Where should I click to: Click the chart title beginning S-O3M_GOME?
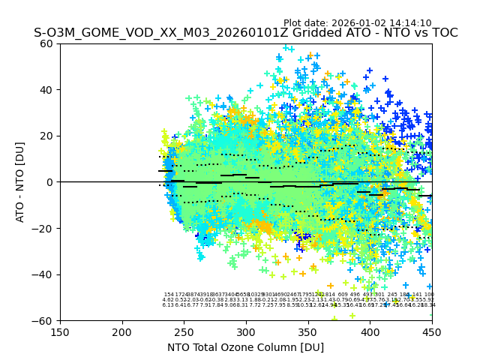(x=245, y=34)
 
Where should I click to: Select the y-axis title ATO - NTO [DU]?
(x=21, y=181)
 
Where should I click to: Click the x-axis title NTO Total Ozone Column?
(x=245, y=347)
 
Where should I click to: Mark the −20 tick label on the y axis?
(x=45, y=228)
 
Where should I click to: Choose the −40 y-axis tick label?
(x=45, y=274)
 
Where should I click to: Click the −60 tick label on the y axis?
(x=45, y=320)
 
